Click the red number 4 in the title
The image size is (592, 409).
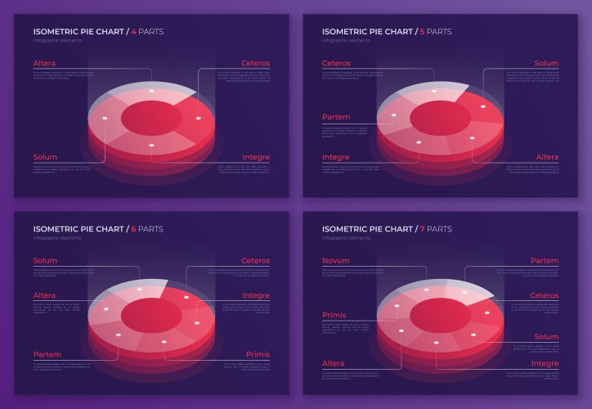click(134, 32)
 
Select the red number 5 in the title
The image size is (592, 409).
click(424, 32)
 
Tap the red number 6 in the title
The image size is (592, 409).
click(134, 228)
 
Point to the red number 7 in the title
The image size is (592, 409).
click(424, 228)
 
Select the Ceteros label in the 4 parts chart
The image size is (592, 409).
click(255, 63)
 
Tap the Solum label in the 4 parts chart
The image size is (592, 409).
click(45, 156)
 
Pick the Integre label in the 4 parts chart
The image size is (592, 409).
click(256, 156)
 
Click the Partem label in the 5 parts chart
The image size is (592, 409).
click(336, 117)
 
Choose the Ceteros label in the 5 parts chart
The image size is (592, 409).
click(336, 63)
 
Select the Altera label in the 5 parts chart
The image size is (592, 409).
click(547, 156)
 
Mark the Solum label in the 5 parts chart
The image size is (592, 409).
click(546, 63)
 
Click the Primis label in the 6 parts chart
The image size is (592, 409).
click(258, 354)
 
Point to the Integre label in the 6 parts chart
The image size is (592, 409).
click(256, 295)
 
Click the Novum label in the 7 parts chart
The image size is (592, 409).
click(335, 260)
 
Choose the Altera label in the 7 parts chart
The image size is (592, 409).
click(334, 363)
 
